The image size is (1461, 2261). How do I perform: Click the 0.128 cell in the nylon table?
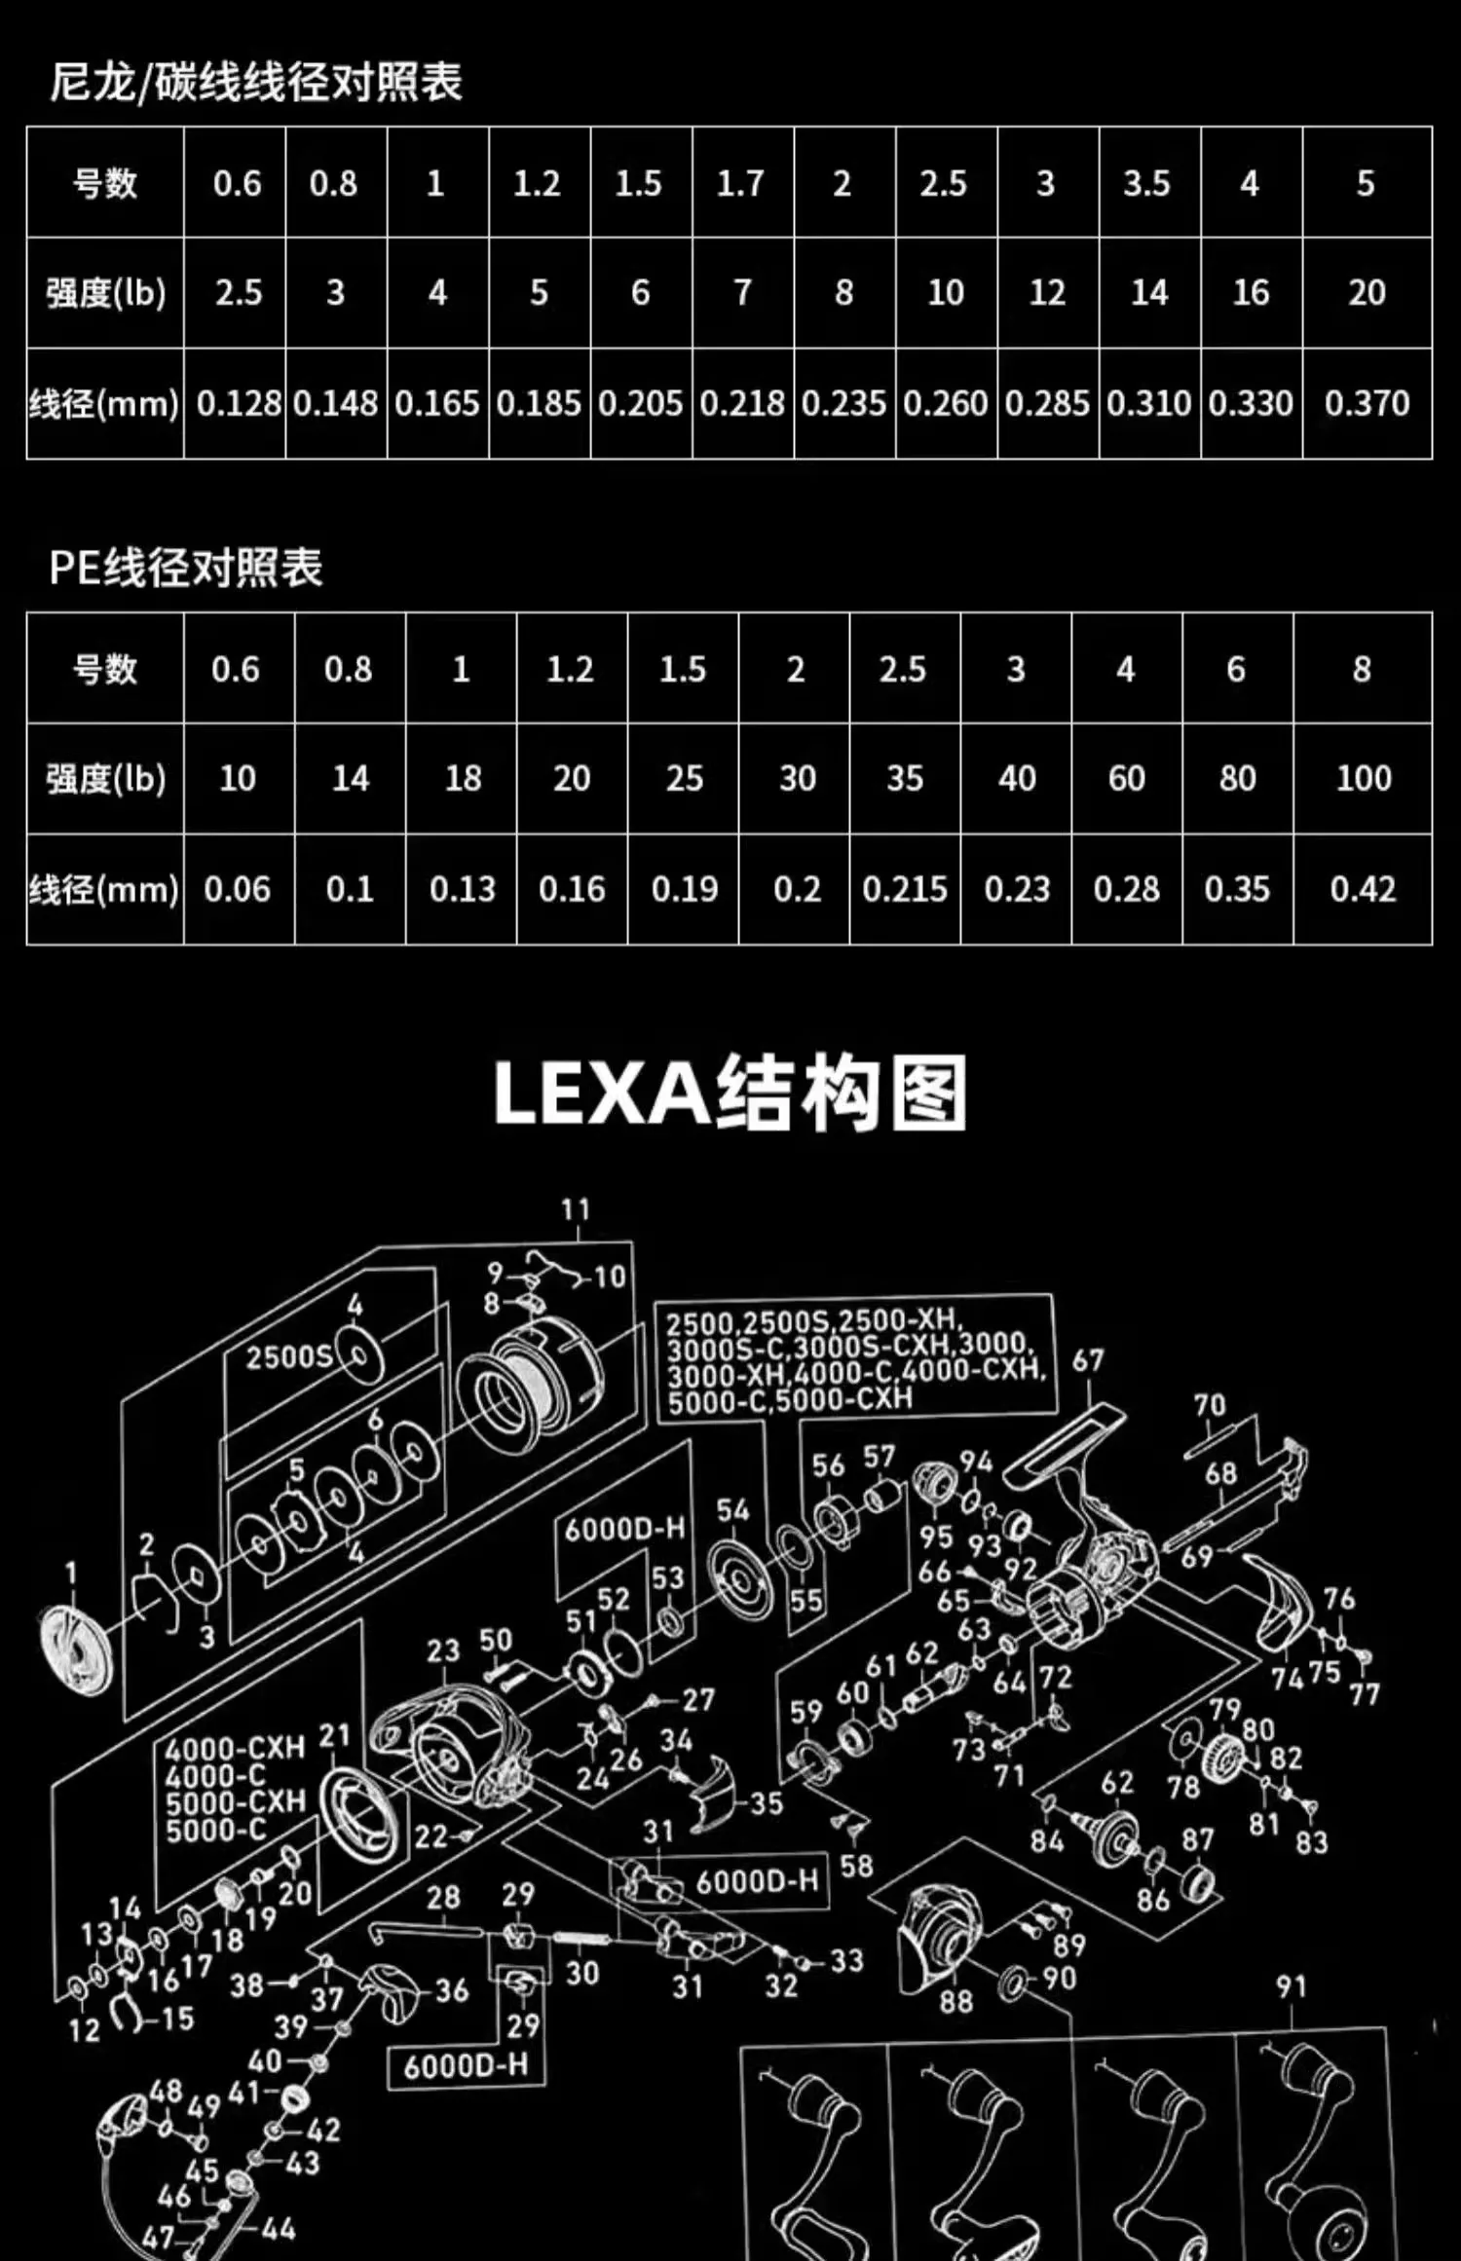coord(239,403)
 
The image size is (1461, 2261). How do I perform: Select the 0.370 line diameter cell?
coord(1367,403)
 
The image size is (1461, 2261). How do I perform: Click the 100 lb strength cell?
coord(1364,778)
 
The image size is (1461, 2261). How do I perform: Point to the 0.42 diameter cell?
coord(1363,889)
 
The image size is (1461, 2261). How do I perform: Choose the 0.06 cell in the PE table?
coord(237,889)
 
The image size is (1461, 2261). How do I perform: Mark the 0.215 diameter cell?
coord(905,889)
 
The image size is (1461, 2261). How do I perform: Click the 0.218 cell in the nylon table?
coord(742,403)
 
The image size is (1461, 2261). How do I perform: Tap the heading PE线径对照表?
coord(185,568)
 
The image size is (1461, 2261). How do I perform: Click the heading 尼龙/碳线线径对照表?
coord(256,82)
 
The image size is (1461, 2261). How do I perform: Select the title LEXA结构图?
coord(730,1093)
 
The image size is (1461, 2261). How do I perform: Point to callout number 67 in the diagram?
coord(1088,1360)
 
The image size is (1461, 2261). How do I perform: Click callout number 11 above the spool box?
coord(576,1209)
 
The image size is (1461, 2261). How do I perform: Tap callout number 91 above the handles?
coord(1292,1986)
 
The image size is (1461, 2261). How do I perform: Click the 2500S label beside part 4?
coord(288,1357)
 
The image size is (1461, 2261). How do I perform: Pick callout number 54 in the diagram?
coord(733,1510)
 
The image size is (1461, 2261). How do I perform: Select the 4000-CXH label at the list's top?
coord(236,1748)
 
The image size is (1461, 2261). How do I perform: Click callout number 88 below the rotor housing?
coord(955,2001)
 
